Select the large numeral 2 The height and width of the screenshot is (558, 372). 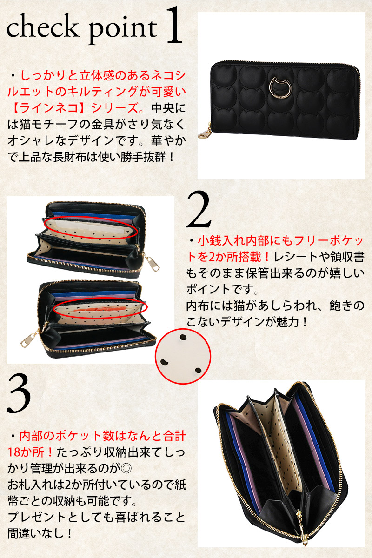point(199,210)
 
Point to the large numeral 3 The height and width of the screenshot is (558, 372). point(19,394)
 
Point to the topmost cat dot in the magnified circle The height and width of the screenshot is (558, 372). point(183,338)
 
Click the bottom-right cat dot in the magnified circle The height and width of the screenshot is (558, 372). point(198,370)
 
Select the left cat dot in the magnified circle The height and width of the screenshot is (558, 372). point(164,362)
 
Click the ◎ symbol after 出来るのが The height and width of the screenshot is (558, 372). point(126,468)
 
